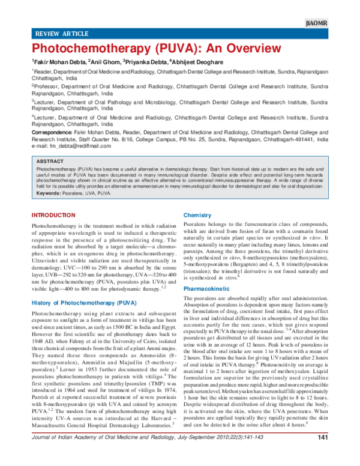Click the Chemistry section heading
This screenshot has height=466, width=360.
[197, 215]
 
